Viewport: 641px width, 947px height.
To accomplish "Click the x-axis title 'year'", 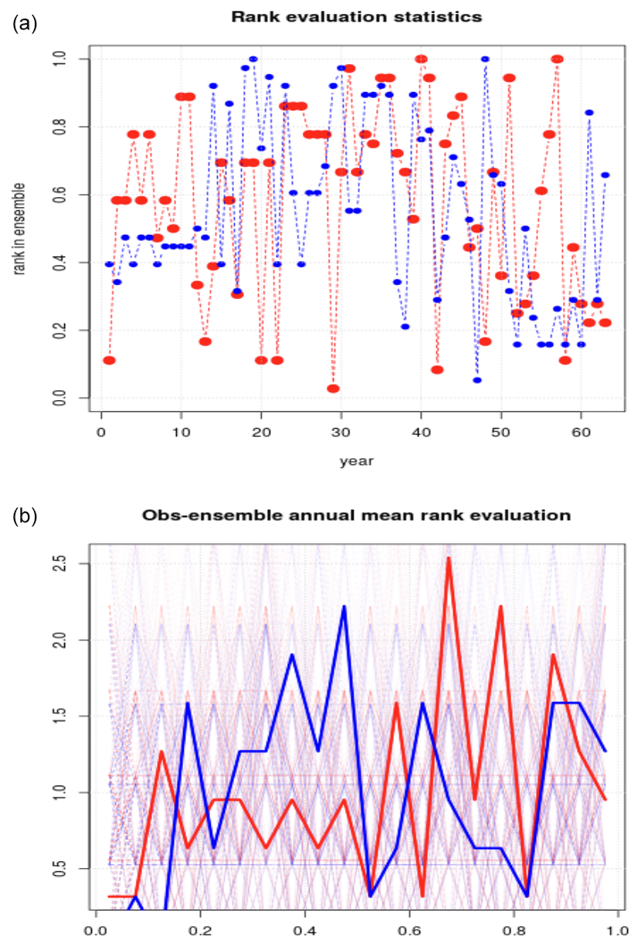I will (356, 461).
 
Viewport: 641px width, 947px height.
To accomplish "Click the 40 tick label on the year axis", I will (421, 430).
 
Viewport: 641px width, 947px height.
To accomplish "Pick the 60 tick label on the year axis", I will (581, 430).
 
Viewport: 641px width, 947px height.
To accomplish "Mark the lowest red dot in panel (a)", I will (333, 389).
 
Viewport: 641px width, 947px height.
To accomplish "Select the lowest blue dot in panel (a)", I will (477, 380).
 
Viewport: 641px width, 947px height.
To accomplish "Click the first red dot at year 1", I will (109, 360).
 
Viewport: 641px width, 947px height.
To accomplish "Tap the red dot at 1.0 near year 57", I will (557, 59).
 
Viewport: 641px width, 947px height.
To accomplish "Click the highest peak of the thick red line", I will (449, 558).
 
